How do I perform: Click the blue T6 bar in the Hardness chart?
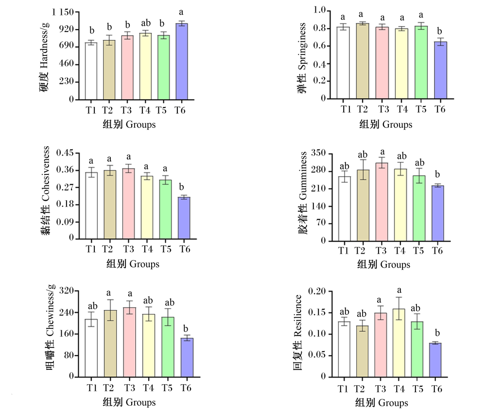(182, 61)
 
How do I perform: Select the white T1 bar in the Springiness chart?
(343, 63)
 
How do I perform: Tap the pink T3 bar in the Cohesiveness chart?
(128, 204)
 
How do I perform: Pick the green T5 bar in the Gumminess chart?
(419, 208)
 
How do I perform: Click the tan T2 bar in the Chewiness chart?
(110, 344)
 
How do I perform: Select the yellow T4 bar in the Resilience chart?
(399, 343)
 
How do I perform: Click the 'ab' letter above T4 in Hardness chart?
(146, 23)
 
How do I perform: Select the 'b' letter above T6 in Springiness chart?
(439, 31)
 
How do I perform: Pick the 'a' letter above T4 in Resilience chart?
(399, 290)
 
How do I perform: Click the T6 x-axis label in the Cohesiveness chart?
(185, 249)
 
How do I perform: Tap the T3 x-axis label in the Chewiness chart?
(130, 388)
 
